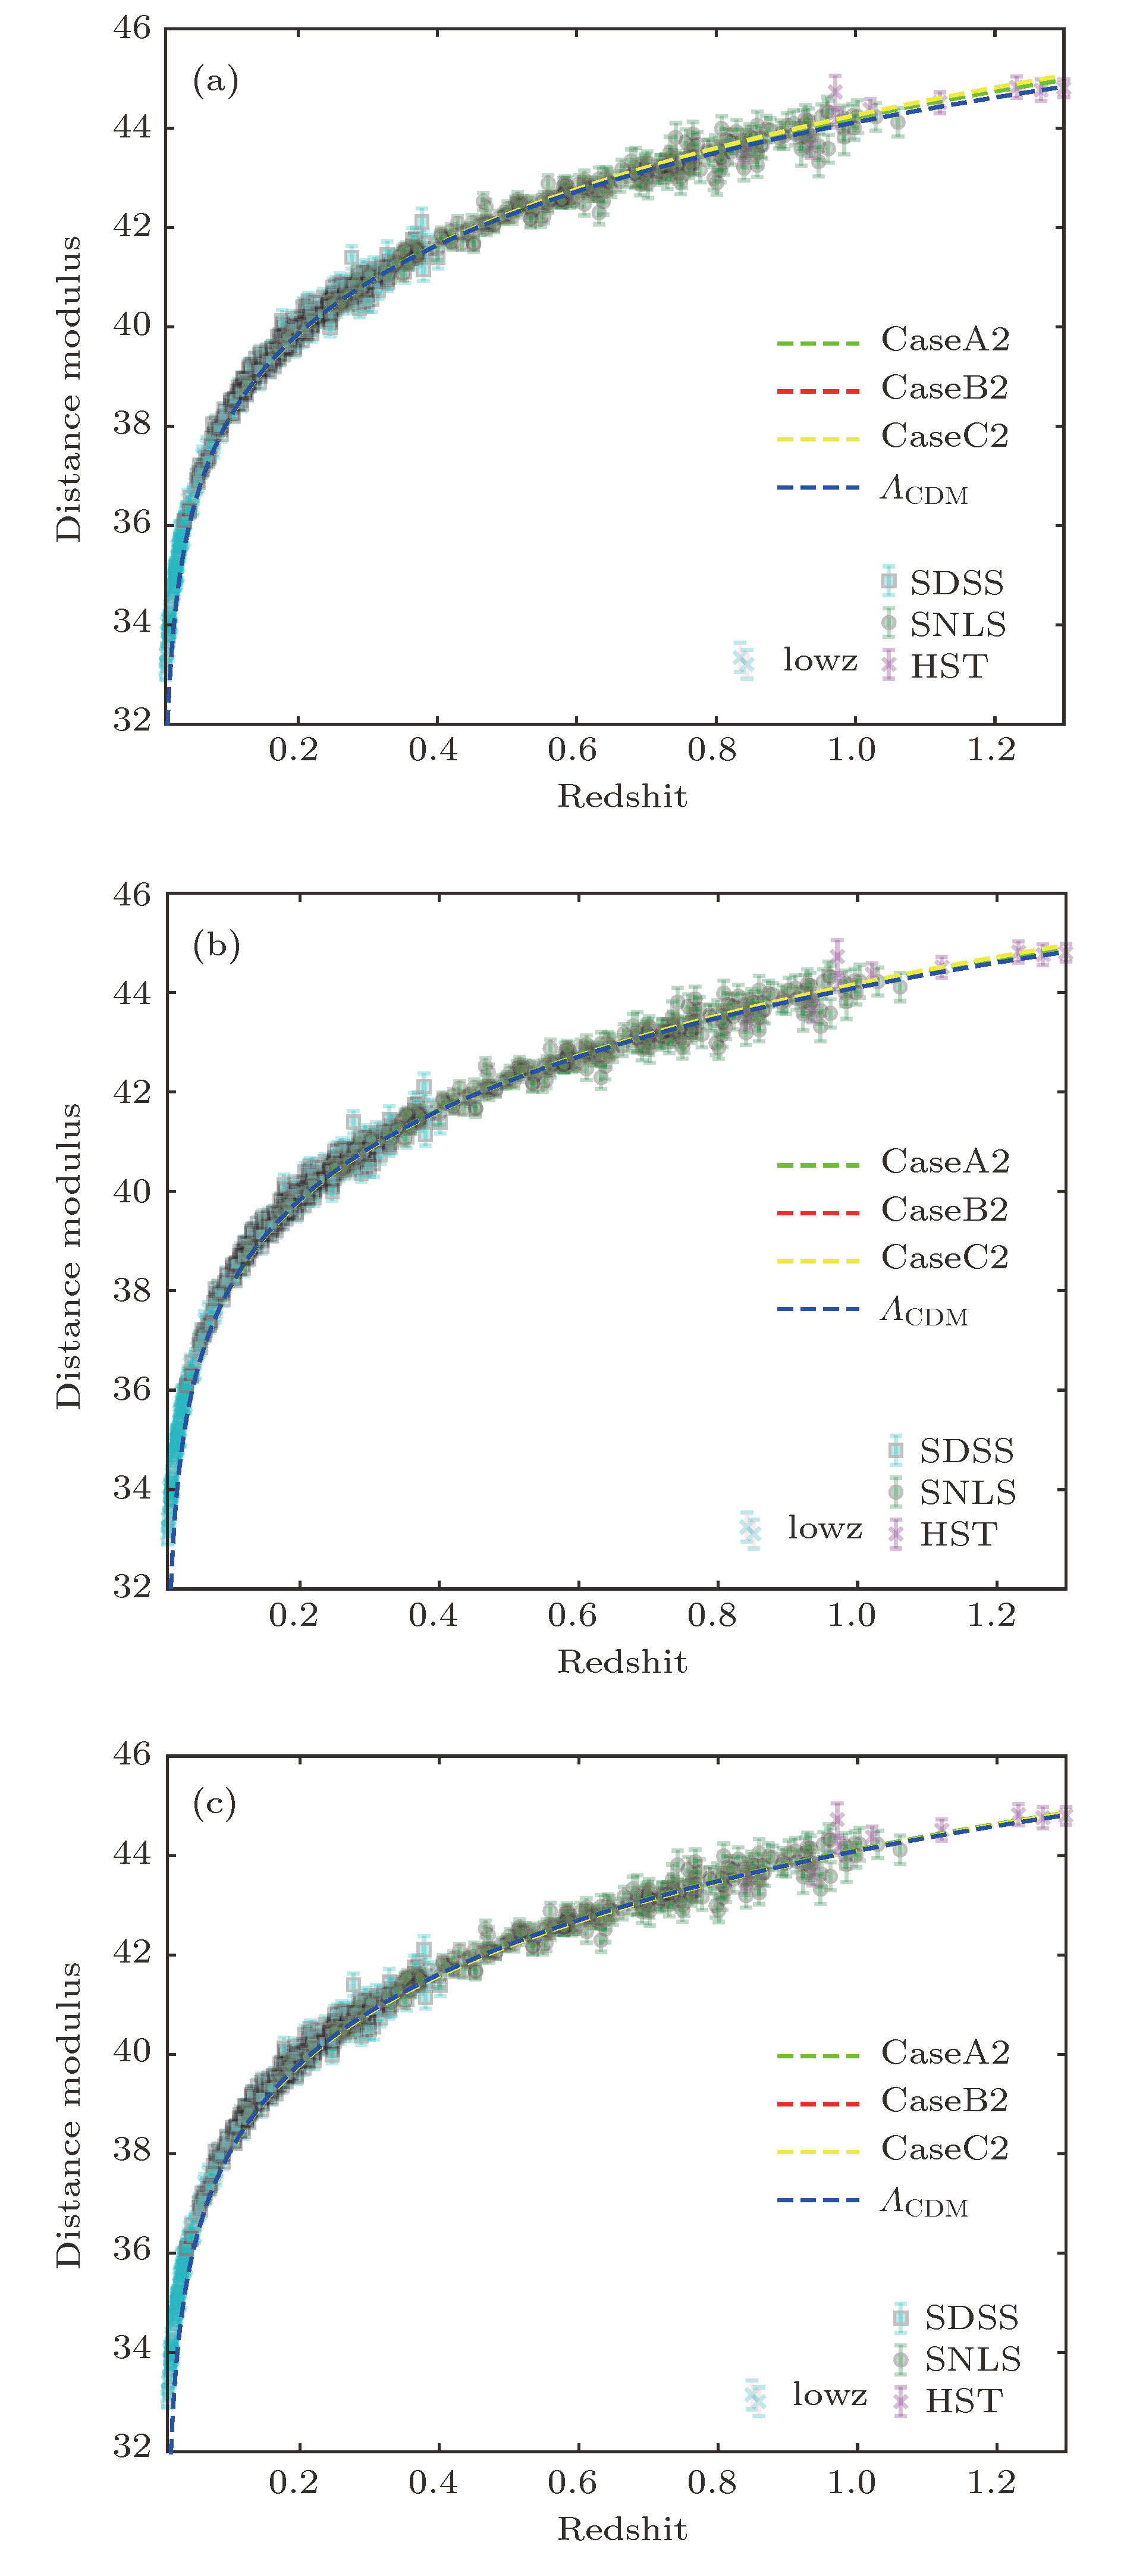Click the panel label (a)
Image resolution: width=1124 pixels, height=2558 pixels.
215,80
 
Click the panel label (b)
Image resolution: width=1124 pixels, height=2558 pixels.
215,945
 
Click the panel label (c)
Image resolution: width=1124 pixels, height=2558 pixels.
215,1802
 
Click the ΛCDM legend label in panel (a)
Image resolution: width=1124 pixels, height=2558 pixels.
924,491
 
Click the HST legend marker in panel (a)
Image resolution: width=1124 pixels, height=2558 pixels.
888,665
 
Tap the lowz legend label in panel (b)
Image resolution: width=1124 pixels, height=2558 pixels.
824,1528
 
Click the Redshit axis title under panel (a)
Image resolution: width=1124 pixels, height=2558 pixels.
621,795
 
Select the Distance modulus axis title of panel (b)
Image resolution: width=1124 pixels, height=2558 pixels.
68,1256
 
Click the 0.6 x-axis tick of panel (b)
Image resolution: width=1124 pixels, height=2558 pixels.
573,1616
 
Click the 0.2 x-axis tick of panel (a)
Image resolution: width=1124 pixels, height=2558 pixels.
294,749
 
